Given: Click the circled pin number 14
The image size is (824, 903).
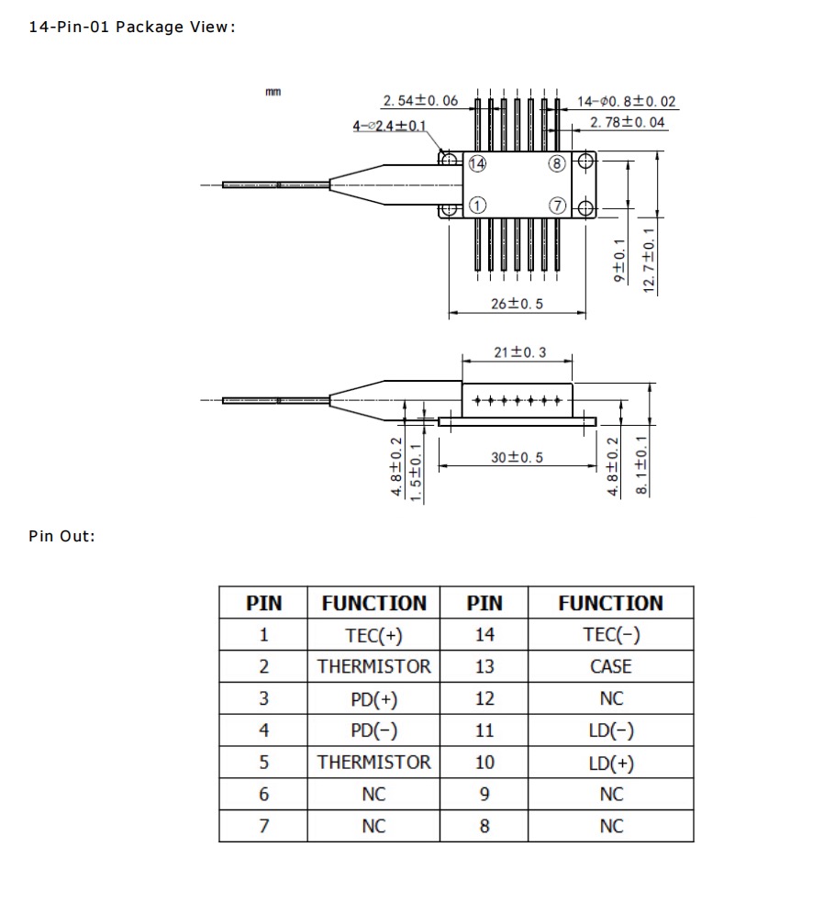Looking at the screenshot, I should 476,163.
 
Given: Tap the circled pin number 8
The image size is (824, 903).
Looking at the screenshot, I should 556,163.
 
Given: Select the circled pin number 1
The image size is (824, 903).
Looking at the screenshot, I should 476,206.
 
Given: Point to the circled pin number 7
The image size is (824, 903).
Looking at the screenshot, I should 556,206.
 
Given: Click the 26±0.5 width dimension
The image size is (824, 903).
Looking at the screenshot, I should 517,304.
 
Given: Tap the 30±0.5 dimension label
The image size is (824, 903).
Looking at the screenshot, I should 517,457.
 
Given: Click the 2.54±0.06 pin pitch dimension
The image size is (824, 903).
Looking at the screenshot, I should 420,101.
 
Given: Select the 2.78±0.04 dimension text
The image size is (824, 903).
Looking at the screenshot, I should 628,122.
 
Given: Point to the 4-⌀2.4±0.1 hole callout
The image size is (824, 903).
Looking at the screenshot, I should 389,127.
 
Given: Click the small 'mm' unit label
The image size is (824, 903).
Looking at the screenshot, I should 273,92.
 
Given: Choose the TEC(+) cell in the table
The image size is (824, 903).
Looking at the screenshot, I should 373,635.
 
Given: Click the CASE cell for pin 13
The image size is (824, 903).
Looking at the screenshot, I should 610,667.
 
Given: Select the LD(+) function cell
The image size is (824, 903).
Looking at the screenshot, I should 610,763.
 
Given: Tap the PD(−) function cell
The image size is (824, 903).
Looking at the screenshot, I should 373,730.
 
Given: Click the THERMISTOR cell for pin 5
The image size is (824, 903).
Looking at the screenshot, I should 373,763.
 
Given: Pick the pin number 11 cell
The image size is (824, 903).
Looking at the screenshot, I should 484,730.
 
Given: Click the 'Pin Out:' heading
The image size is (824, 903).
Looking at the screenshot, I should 61,536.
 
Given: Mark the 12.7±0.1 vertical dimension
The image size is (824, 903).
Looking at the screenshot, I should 650,261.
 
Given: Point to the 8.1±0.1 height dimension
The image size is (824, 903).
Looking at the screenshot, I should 642,465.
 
